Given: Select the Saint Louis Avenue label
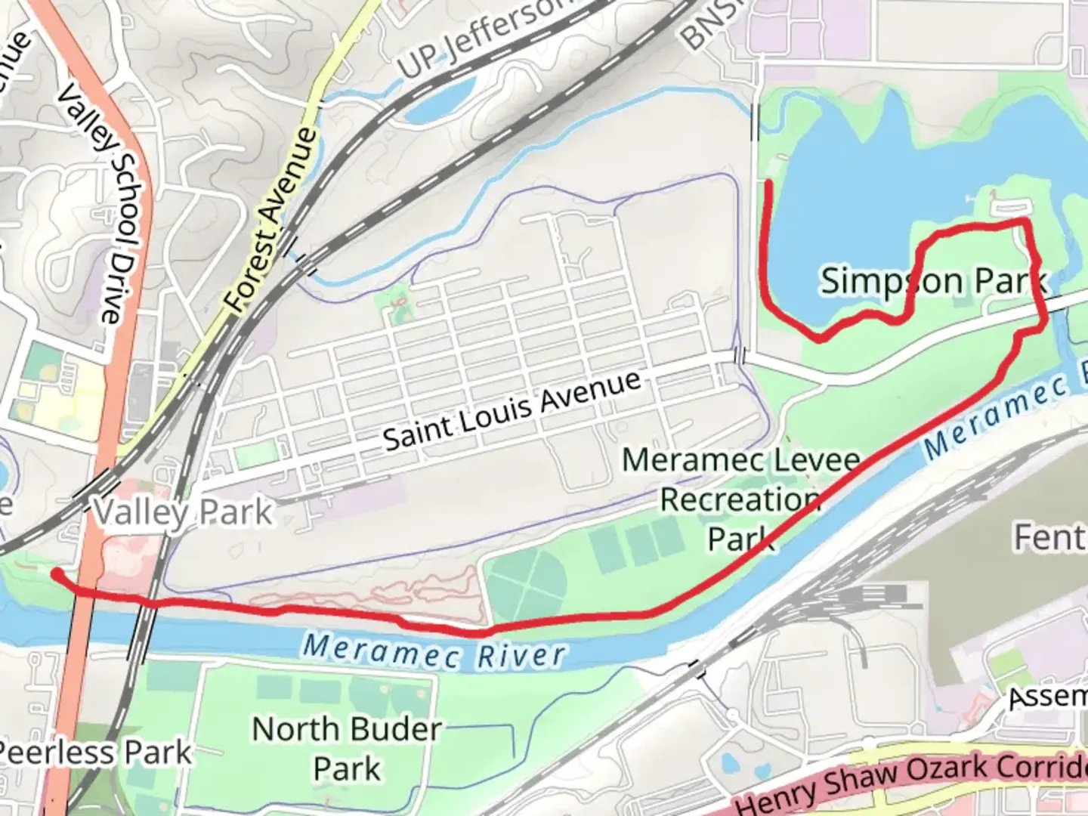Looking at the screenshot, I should pos(512,411).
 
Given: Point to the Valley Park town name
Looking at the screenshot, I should pos(182,513).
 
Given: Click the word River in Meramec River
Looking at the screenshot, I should pos(521,655).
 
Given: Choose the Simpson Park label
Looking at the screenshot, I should pos(934,281).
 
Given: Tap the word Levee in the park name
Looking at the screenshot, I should pos(822,460).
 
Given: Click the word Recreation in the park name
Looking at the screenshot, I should pos(740,499).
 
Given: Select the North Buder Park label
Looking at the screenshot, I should pos(347,749).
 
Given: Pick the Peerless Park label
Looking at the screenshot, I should pos(95,753).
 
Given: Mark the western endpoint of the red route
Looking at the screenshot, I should pos(55,574).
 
